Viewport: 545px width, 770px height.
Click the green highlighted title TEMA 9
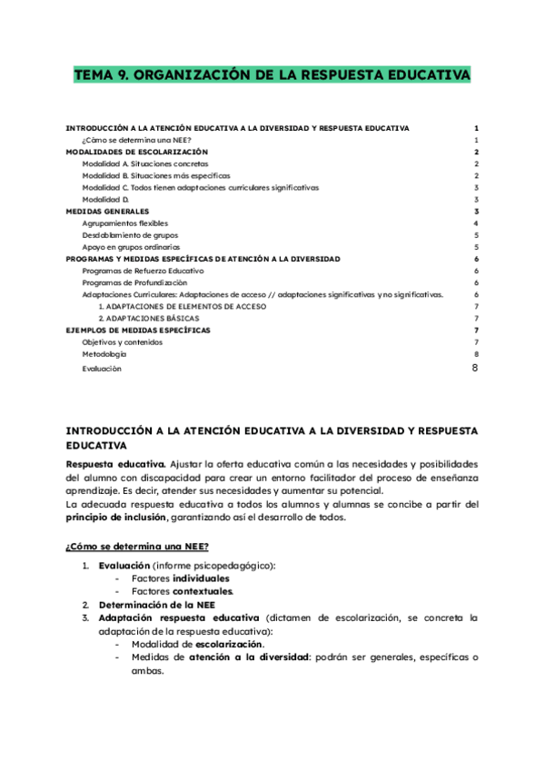tap(272, 75)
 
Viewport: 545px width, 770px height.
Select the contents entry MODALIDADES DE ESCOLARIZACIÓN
tap(137, 153)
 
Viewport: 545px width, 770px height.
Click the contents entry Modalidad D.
tap(105, 199)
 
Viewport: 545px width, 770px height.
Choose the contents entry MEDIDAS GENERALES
tap(108, 211)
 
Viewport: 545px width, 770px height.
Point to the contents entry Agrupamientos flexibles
tap(124, 223)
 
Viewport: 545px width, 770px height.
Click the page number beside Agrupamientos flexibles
tap(476, 223)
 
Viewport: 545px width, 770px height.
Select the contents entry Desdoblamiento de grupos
tap(130, 235)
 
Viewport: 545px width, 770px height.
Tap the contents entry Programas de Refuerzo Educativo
tap(143, 271)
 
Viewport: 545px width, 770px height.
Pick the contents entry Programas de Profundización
tap(135, 282)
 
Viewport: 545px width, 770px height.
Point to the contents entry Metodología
tap(104, 354)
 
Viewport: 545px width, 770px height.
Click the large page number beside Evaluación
tap(475, 368)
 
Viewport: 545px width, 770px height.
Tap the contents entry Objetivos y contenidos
tap(123, 342)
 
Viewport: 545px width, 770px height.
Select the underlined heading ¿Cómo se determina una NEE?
tap(137, 546)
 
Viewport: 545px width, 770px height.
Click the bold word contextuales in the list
tap(203, 591)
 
